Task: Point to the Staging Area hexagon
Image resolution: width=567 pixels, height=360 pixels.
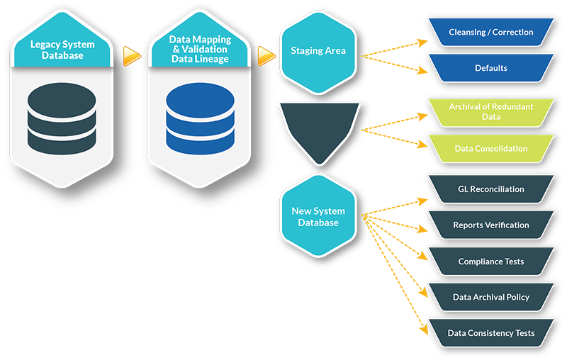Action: (318, 51)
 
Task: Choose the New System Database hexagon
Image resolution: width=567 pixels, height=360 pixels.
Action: (318, 217)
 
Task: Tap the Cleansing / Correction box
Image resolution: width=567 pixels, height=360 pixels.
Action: (490, 33)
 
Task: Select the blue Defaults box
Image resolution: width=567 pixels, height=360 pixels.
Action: (490, 69)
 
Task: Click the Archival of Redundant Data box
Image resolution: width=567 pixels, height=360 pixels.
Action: (490, 111)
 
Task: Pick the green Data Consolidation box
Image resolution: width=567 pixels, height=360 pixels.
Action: (490, 149)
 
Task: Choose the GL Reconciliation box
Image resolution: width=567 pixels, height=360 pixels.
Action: (490, 189)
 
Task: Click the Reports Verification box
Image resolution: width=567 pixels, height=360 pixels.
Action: (490, 225)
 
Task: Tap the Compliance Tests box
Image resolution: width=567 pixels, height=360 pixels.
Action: (490, 261)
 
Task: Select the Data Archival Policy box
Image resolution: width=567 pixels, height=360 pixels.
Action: (490, 297)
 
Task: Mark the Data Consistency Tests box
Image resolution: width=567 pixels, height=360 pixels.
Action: (490, 333)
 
